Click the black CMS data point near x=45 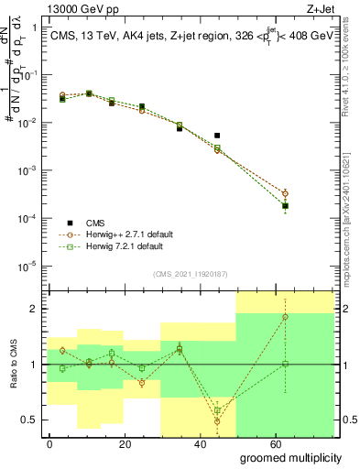tap(217, 136)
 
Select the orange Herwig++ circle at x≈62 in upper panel tap(285, 193)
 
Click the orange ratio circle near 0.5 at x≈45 tap(217, 420)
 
